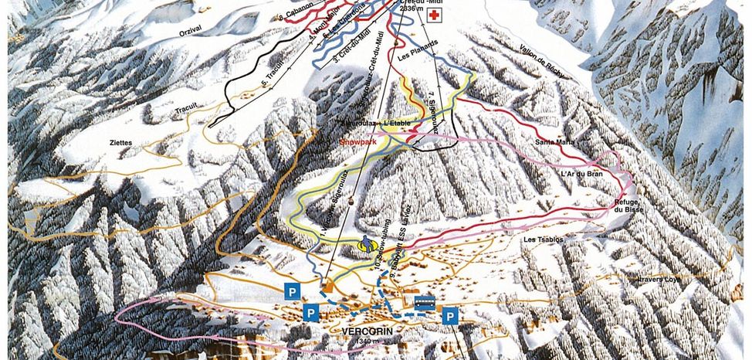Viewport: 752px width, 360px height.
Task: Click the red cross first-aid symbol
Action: tap(435, 16)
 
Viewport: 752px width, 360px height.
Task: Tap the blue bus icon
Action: tap(424, 302)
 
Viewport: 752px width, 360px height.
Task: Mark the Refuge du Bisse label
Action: tap(628, 204)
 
